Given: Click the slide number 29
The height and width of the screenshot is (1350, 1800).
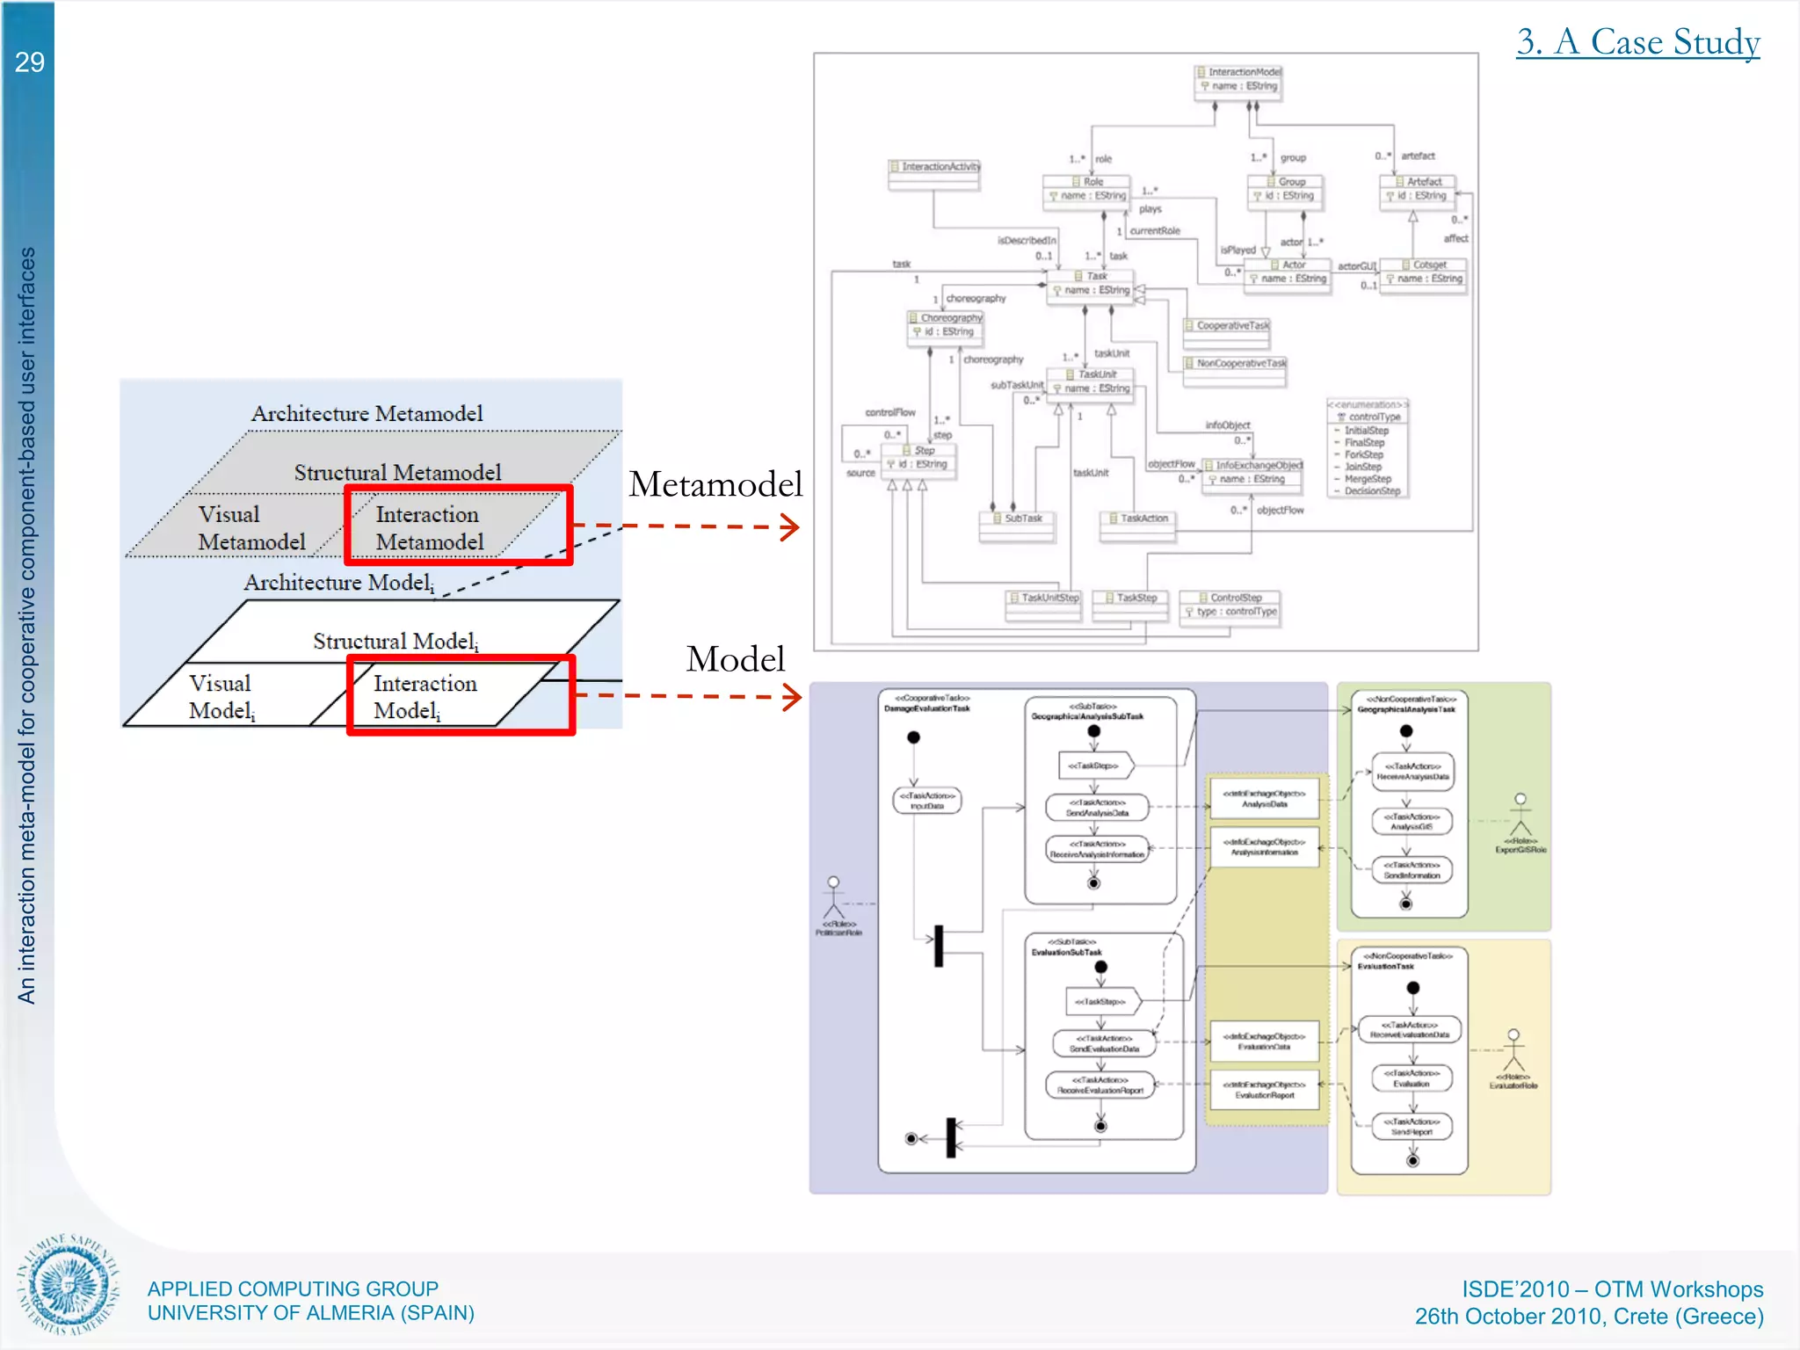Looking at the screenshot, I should pyautogui.click(x=29, y=62).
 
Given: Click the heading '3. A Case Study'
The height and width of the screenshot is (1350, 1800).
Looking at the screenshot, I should pyautogui.click(x=1637, y=42).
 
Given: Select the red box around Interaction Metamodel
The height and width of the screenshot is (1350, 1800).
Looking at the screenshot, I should pyautogui.click(x=458, y=525).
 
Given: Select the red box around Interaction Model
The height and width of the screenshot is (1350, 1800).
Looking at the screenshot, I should pyautogui.click(x=461, y=694).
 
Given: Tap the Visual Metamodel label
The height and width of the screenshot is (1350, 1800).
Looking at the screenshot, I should pyautogui.click(x=250, y=528).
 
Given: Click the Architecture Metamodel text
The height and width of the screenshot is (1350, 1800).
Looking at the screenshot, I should pyautogui.click(x=367, y=413).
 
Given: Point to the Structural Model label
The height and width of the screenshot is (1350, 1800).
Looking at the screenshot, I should pyautogui.click(x=396, y=641).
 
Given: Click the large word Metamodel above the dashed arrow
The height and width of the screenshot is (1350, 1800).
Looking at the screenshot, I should pyautogui.click(x=715, y=484).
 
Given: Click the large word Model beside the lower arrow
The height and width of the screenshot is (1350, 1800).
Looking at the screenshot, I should pyautogui.click(x=735, y=659).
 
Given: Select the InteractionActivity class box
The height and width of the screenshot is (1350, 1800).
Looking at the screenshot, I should pyautogui.click(x=933, y=174).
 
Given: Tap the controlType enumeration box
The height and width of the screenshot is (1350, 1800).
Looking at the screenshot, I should pyautogui.click(x=1368, y=448).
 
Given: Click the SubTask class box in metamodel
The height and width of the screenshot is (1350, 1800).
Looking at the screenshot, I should pyautogui.click(x=1017, y=526).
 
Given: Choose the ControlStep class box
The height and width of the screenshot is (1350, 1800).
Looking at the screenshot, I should pyautogui.click(x=1229, y=607).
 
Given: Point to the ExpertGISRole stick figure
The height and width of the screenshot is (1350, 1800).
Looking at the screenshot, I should pyautogui.click(x=1521, y=815).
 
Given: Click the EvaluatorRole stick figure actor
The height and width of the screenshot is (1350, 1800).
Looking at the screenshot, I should pyautogui.click(x=1513, y=1051).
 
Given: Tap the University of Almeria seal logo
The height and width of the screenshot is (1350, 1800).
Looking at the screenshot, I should pyautogui.click(x=68, y=1284).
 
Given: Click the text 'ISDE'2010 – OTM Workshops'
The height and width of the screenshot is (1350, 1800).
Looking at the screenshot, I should pyautogui.click(x=1612, y=1288).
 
